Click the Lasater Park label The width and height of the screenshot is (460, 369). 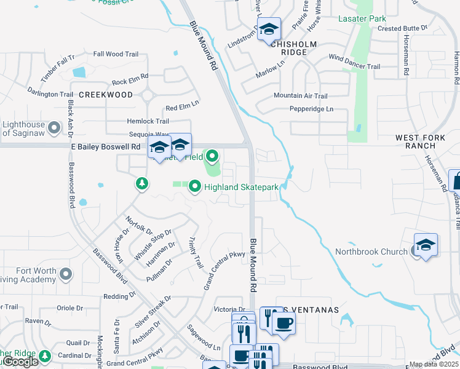coord(362,19)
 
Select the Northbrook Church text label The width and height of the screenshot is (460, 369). coord(371,252)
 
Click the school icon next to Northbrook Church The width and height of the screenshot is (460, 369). coord(426,245)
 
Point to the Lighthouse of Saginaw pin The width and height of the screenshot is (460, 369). coord(54,128)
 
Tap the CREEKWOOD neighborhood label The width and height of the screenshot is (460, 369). coord(106,95)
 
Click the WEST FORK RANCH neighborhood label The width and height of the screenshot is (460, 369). coord(416,141)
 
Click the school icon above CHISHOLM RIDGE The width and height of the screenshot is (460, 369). coord(269,29)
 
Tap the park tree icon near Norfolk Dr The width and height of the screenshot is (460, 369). coord(142,183)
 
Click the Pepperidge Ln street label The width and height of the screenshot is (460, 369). coord(312,109)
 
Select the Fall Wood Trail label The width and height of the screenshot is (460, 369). coord(116,54)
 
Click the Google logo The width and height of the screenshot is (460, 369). coord(20,362)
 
